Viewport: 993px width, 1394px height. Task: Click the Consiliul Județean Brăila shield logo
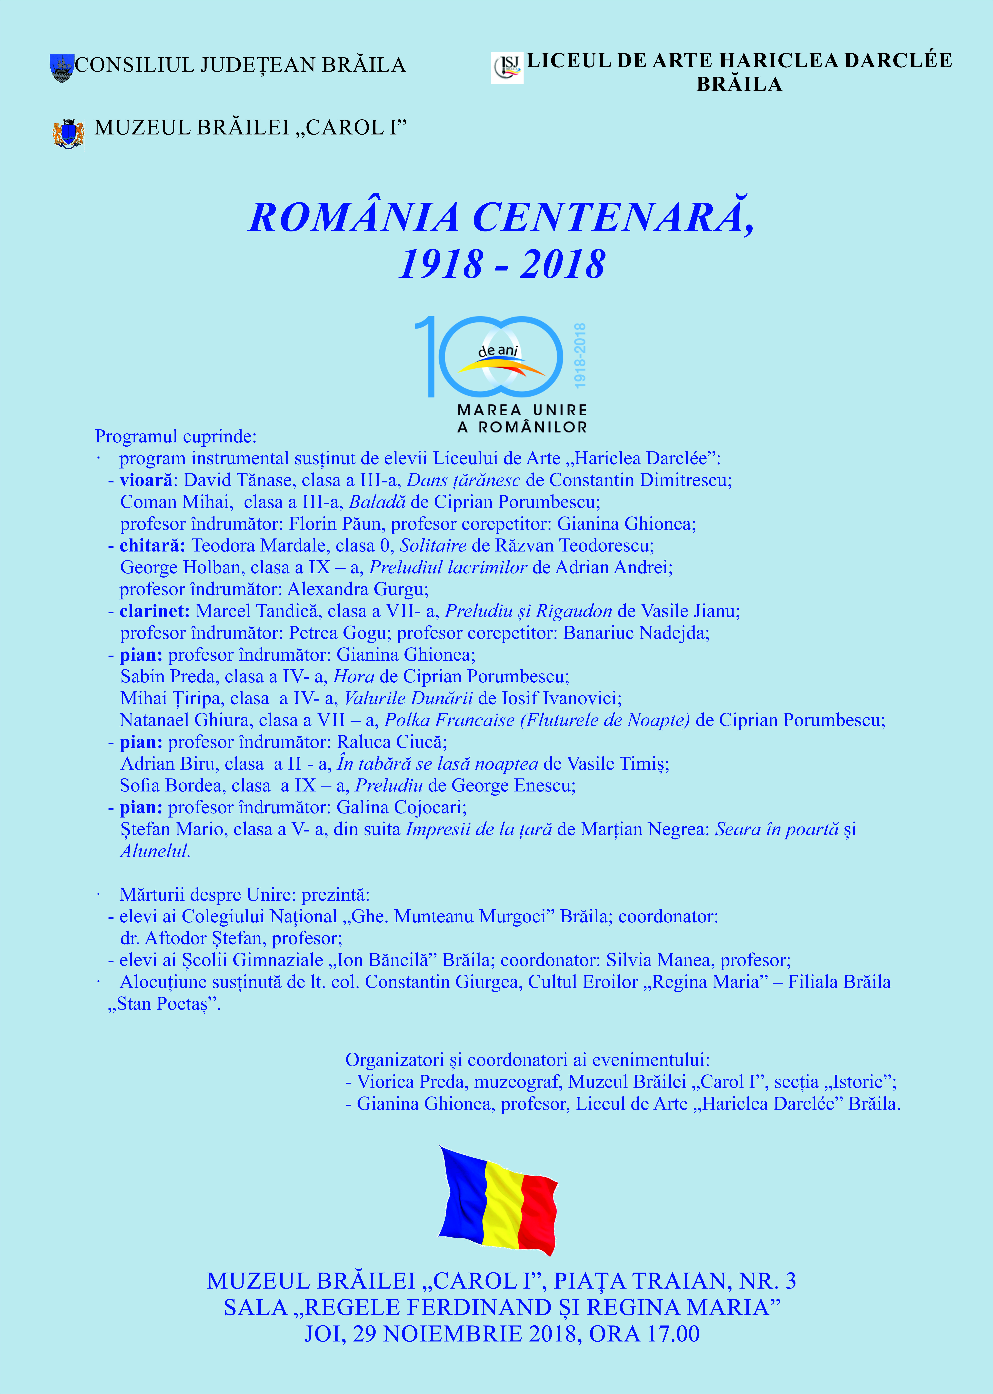point(62,67)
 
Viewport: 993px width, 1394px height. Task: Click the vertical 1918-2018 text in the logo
point(580,355)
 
